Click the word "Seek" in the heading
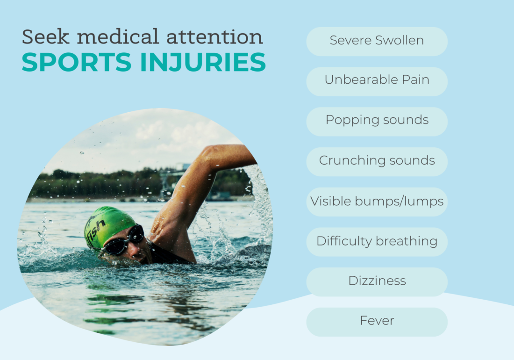46,36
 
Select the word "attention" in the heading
215,37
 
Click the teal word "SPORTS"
77,62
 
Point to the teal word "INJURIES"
203,62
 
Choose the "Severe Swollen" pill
377,42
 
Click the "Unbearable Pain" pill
377,82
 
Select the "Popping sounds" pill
377,122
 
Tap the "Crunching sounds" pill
377,162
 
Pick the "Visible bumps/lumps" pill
377,202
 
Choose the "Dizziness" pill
377,282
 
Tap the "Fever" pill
377,322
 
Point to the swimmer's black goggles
125,241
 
